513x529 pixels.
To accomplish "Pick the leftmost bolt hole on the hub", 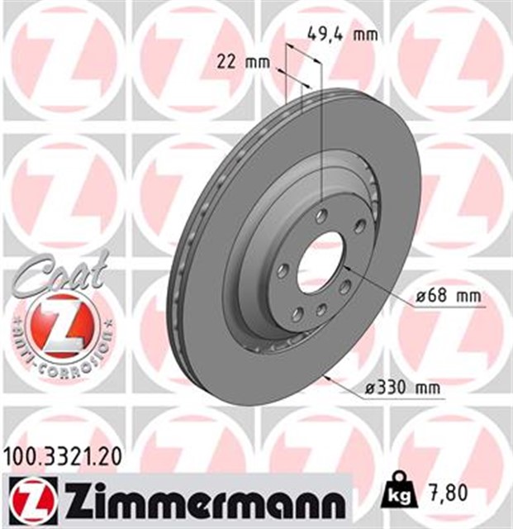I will pyautogui.click(x=283, y=271).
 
